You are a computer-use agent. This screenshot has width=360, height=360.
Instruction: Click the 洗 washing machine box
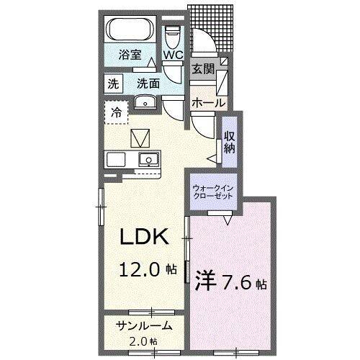114,82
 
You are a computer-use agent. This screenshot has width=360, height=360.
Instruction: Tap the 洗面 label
148,82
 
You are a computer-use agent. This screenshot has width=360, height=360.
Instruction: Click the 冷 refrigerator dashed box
116,112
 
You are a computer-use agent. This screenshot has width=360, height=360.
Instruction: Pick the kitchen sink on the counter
149,158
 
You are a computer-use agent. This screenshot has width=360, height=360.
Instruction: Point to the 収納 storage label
229,143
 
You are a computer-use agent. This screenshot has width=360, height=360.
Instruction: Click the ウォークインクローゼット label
212,192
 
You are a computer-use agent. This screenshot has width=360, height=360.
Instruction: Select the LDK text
143,236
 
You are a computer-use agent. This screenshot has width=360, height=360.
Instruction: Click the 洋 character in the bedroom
202,280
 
